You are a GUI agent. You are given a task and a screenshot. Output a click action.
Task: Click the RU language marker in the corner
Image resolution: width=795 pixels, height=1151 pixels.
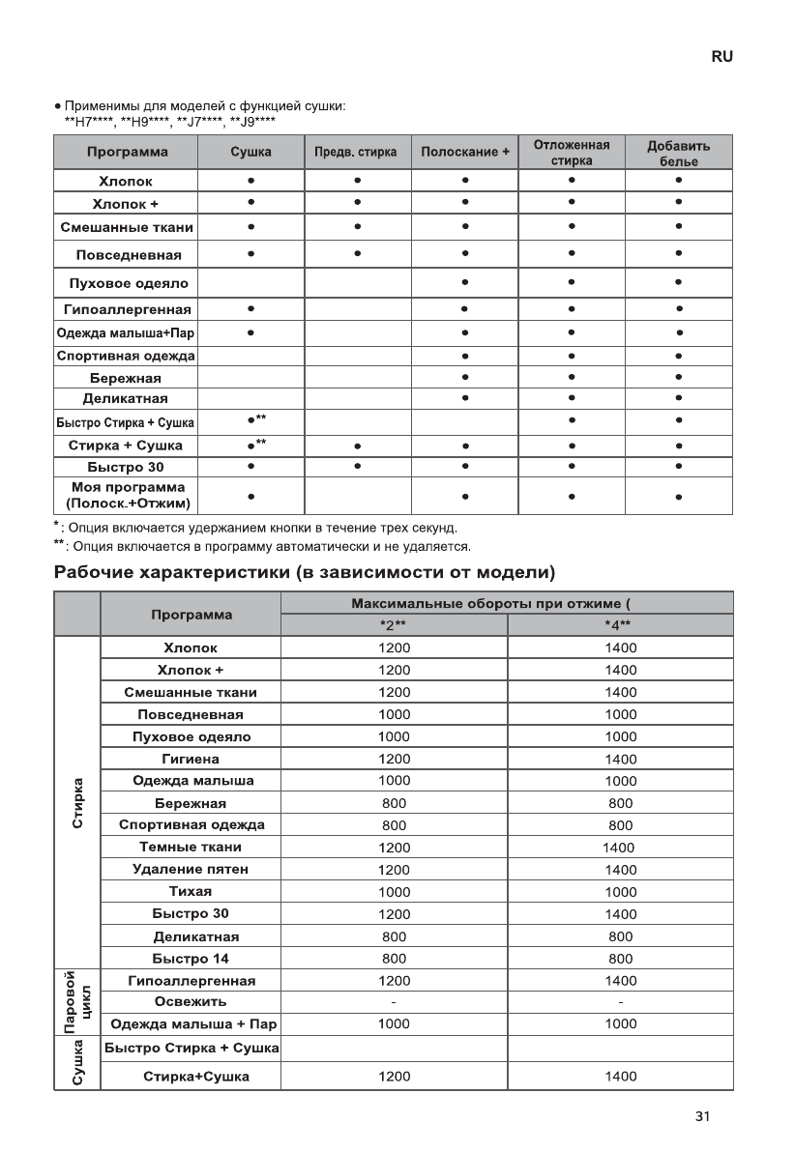721,57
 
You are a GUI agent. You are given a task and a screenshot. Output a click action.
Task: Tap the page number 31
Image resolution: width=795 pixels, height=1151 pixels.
702,1116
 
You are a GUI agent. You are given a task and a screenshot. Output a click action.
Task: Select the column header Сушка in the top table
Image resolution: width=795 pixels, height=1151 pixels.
250,153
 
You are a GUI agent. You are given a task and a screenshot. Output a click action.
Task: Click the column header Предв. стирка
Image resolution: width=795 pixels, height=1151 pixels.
357,153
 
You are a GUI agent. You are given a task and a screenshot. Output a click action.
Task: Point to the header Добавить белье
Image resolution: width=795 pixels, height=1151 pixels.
679,153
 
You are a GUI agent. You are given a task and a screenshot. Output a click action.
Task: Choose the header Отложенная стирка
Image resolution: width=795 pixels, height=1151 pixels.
572,153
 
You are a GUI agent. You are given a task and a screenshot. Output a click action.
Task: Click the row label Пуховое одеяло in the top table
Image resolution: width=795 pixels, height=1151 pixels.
129,284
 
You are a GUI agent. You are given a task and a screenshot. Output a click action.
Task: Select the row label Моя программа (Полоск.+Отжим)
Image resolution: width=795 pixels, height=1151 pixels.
127,496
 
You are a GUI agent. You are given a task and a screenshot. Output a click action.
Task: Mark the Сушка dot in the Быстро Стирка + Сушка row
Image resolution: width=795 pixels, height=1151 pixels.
250,420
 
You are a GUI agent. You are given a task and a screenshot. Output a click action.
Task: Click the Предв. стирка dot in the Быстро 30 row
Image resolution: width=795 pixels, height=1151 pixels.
357,467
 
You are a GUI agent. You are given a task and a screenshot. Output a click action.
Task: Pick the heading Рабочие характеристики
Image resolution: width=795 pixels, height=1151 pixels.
304,572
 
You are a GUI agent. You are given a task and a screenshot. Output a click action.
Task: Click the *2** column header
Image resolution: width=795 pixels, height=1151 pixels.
393,624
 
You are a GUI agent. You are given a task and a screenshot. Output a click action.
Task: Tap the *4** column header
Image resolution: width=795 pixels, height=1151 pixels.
619,624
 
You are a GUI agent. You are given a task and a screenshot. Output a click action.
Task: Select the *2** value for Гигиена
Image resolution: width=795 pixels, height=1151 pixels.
394,760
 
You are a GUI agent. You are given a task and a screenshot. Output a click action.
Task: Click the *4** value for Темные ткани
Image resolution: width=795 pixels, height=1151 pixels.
620,848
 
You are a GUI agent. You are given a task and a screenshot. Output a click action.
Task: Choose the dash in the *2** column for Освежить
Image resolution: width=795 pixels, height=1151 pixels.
394,1002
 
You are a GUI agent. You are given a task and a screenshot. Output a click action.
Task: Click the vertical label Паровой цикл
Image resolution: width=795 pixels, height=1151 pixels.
77,1003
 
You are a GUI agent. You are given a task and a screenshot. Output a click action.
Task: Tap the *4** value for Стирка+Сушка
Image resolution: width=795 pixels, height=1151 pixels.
620,1077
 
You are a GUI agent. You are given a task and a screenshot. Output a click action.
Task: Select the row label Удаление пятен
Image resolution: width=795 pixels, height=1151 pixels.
190,870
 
